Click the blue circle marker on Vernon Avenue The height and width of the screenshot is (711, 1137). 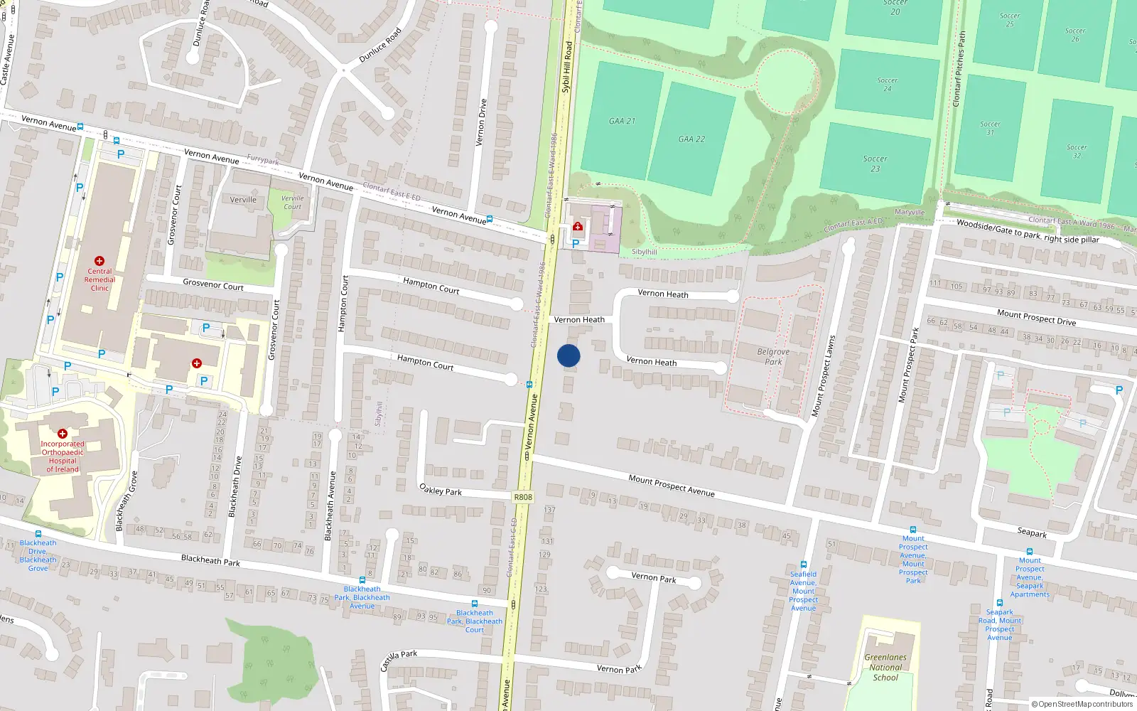(568, 355)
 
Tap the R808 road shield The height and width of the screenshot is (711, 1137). (523, 497)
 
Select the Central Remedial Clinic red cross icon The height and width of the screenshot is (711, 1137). (99, 262)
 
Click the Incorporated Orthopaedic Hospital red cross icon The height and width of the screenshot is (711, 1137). (63, 433)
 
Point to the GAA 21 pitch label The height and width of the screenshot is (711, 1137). (622, 121)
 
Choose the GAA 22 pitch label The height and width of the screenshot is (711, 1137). (691, 139)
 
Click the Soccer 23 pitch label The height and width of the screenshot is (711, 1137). (875, 164)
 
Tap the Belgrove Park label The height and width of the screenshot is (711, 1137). (773, 357)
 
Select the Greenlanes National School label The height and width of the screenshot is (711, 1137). (885, 667)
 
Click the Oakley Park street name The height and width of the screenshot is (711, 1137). (441, 491)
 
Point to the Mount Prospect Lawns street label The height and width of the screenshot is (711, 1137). (824, 375)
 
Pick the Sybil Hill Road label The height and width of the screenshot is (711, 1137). (567, 67)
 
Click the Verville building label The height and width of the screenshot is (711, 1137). (243, 200)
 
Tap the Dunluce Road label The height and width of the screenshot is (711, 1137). (380, 45)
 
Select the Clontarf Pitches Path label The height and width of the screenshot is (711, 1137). (959, 69)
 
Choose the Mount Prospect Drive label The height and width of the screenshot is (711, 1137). (1036, 317)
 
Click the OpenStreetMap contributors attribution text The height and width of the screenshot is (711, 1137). (1082, 705)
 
